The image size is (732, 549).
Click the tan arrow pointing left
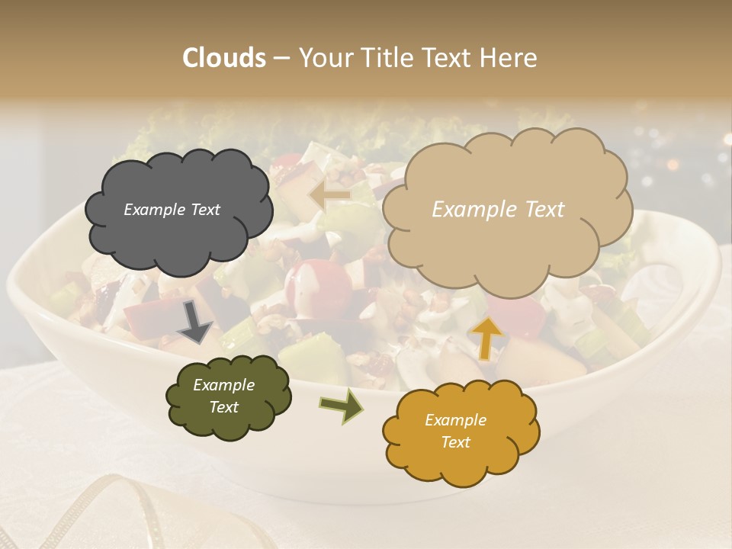pos(330,195)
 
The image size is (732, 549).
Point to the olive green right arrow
pos(342,405)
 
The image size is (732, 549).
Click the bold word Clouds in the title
pos(224,58)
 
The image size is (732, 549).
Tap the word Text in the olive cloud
pos(223,407)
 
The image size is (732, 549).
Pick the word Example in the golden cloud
pos(455,420)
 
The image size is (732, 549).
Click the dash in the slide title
pos(281,58)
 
